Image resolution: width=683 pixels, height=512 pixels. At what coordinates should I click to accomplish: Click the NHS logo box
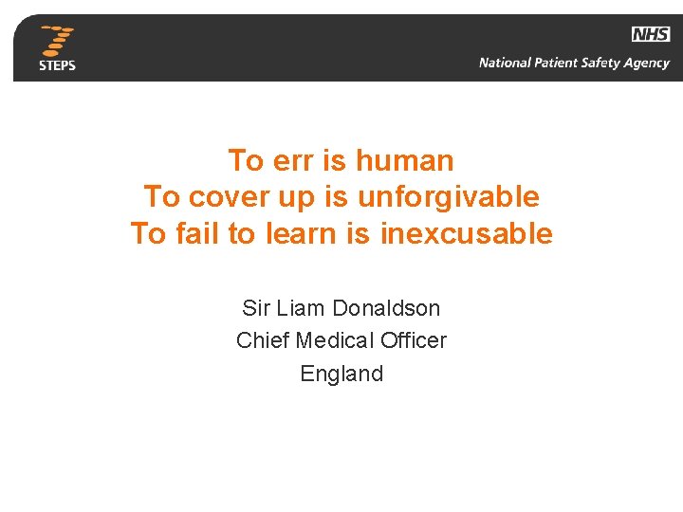(x=651, y=34)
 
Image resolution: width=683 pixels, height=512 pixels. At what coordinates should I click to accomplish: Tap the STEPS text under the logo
(x=57, y=65)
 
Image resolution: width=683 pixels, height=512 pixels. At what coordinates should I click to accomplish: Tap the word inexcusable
(x=466, y=233)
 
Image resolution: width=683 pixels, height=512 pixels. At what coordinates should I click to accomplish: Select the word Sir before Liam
(x=256, y=308)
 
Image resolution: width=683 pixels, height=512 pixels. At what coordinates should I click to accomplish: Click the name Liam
(x=301, y=308)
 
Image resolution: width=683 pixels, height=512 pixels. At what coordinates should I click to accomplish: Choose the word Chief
(x=263, y=340)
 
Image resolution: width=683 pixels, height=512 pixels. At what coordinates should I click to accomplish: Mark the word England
(x=341, y=374)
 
